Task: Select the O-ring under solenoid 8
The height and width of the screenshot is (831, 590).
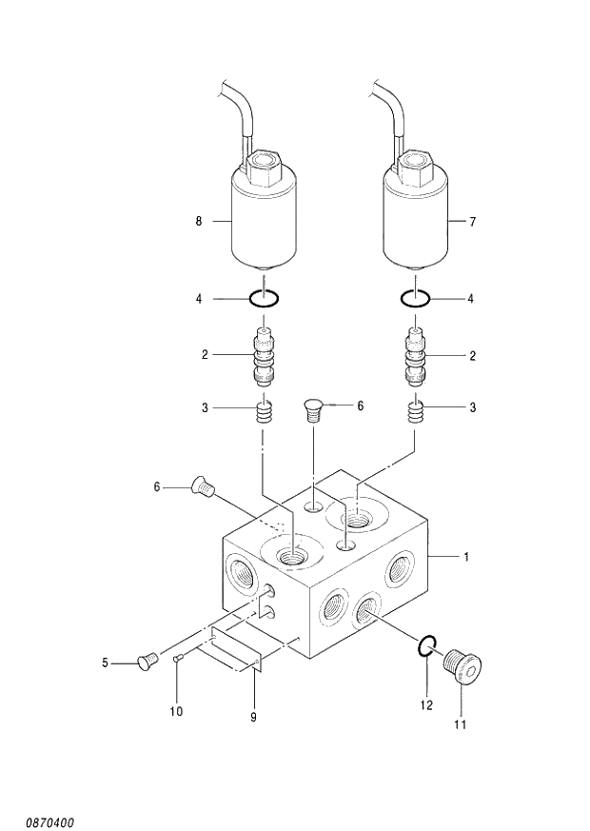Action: pos(264,299)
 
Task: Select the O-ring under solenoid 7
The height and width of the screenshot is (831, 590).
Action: pos(415,299)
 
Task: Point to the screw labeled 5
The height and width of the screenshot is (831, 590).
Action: pos(147,660)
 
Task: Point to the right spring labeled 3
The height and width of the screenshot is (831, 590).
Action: pos(415,412)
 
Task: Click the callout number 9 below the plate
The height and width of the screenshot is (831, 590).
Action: pos(254,716)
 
